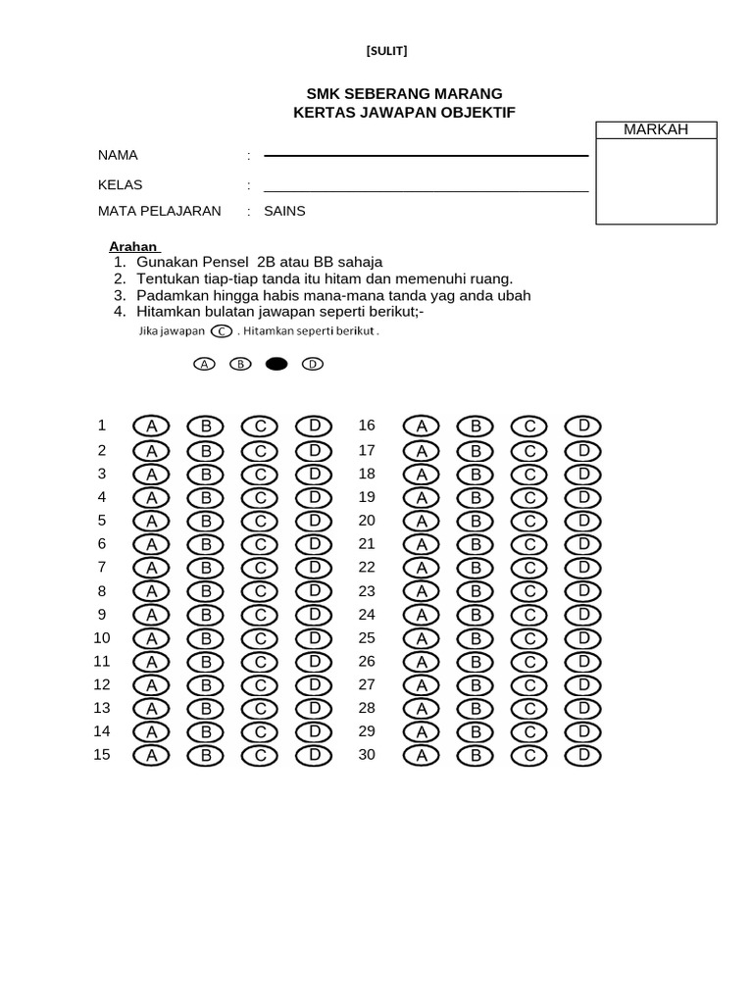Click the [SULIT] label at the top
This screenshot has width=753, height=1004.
[386, 51]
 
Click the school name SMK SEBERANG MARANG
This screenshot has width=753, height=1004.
[404, 94]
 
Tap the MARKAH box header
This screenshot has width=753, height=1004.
[656, 130]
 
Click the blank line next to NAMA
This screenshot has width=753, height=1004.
[426, 155]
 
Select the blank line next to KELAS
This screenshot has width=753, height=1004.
[426, 189]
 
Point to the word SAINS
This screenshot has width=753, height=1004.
[284, 211]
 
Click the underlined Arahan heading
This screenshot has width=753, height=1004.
[133, 246]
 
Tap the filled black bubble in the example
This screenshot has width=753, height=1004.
[276, 364]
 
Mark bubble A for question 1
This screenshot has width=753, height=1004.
[152, 427]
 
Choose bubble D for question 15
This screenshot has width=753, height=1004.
[314, 755]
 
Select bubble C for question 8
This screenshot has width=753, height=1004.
[260, 591]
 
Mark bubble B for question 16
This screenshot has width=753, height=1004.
[476, 426]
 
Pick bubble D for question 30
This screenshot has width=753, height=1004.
[582, 755]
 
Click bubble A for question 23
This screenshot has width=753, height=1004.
[422, 591]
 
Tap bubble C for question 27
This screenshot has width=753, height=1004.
[529, 684]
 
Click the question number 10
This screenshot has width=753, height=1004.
[102, 637]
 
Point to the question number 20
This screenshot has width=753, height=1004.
[367, 520]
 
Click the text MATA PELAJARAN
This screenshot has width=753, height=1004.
[159, 211]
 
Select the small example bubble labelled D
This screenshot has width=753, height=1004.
[312, 364]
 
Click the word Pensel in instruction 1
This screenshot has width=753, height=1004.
[226, 262]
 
